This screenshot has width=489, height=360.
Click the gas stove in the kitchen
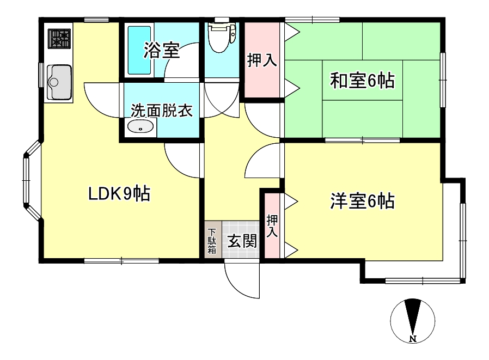61,38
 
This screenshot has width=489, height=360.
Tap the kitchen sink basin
59,82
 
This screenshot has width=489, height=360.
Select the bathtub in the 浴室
140,50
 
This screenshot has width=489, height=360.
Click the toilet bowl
222,38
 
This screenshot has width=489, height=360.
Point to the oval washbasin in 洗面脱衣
141,128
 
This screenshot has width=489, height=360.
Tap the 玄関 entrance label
242,241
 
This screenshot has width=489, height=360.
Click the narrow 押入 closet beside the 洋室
272,225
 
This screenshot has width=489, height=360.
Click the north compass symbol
412,319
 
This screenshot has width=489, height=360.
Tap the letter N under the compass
413,340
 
